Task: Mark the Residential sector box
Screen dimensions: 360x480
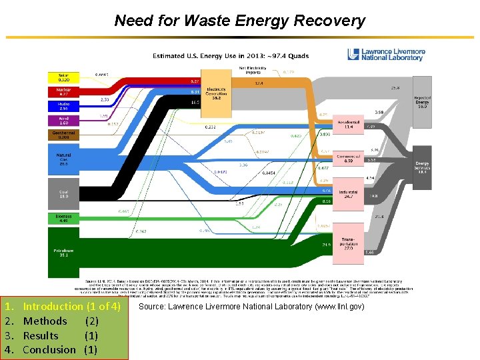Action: (x=348, y=125)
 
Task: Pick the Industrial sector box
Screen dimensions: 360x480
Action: (x=348, y=194)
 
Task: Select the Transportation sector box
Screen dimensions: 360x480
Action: (x=348, y=244)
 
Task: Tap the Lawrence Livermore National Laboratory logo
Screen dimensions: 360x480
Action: (x=387, y=54)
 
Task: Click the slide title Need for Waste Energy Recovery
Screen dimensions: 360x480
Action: (x=239, y=21)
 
